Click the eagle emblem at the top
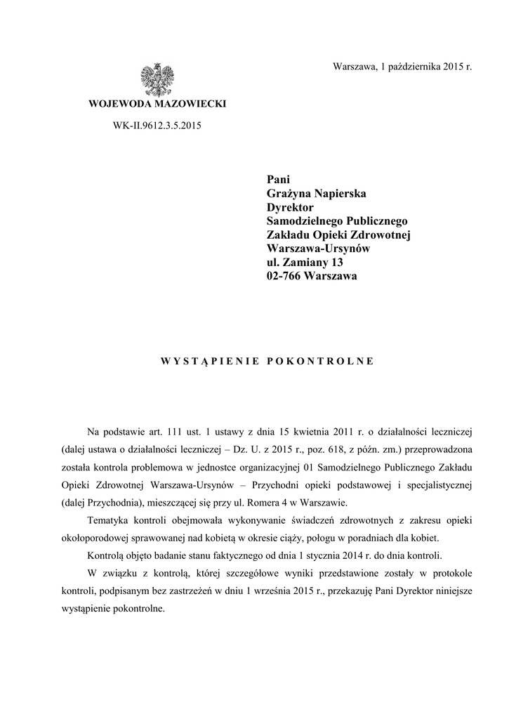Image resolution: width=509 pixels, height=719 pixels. pos(157,79)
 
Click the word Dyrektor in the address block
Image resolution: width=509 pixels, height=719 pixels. pos(290,207)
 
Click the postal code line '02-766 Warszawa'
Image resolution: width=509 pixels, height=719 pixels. pos(312,276)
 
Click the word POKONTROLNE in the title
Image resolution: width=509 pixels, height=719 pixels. pos(321,362)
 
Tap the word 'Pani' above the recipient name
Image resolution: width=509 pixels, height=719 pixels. pos(279,180)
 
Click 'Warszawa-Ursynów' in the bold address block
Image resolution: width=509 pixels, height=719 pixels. pos(318,248)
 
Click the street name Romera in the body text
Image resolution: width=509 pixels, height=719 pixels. pos(279,503)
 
